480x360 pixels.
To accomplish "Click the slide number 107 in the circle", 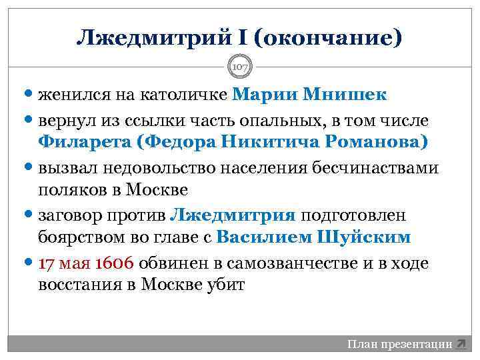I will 239,67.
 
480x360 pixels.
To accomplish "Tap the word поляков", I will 73,190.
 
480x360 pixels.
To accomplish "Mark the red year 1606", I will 115,263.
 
